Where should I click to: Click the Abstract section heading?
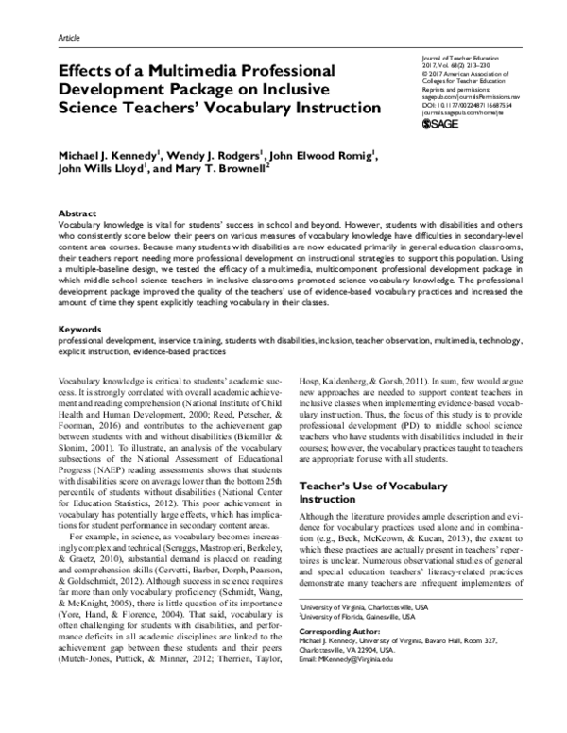click(x=79, y=213)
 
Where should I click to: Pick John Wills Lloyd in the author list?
click(x=99, y=170)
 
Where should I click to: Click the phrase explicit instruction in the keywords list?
click(x=89, y=351)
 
